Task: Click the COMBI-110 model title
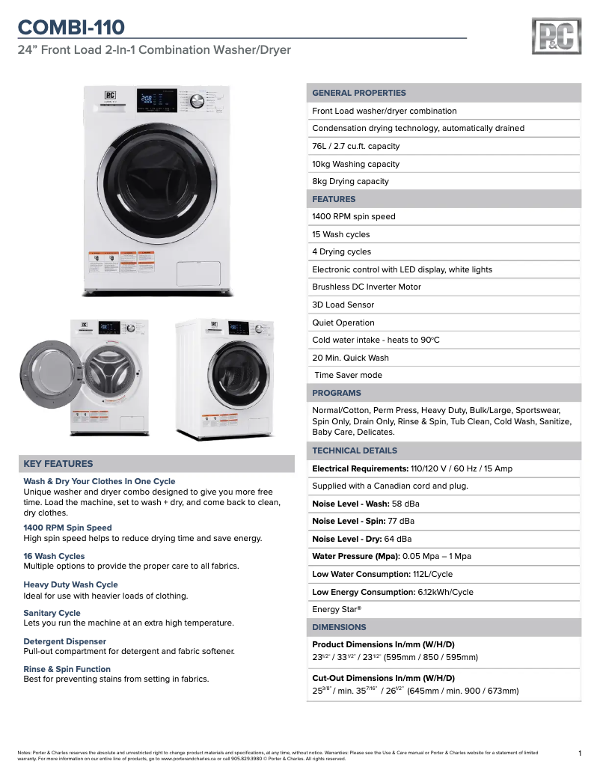pos(71,28)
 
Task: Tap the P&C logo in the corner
pos(556,37)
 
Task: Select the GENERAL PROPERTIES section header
pos(359,93)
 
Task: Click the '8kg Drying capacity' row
pos(350,181)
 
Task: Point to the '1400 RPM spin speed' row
pos(354,216)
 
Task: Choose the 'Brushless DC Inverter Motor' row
pos(367,287)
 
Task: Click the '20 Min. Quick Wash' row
pos(350,358)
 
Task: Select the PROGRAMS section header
pos(337,393)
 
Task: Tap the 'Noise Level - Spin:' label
pos(349,521)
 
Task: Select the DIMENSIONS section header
pos(339,627)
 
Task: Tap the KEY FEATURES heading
pos(58,464)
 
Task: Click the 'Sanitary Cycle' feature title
pos(52,613)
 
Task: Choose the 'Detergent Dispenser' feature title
pos(65,641)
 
